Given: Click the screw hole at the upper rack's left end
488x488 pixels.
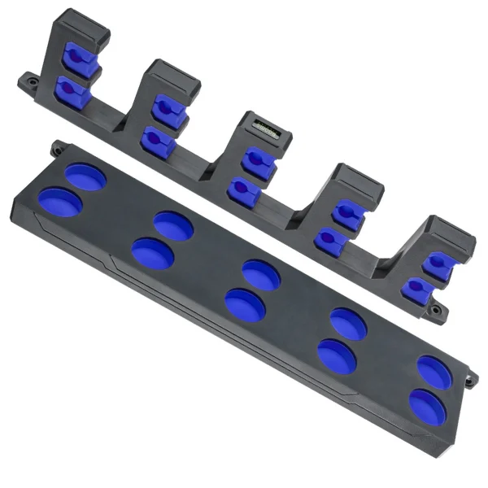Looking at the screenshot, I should tap(29, 81).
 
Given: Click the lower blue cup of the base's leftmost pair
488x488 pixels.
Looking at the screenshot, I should tap(60, 202).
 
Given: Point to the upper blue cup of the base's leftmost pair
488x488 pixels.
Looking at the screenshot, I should tap(85, 176).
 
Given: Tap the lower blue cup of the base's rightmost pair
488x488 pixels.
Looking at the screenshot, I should tap(427, 407).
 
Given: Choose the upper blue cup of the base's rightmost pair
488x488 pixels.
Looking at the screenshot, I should tap(437, 370).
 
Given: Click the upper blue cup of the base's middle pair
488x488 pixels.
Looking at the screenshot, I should tap(261, 274).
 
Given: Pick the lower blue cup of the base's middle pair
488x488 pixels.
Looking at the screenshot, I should tap(245, 304).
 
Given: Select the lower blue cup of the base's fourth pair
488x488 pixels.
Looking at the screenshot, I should tap(337, 356).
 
